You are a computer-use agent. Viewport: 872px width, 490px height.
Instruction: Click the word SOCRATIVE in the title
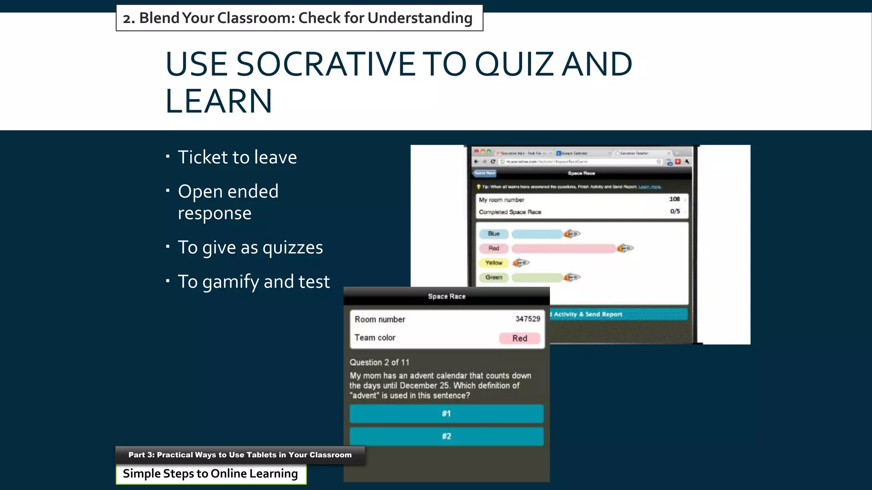tap(325, 65)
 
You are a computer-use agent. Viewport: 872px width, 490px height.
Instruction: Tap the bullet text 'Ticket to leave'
tap(237, 157)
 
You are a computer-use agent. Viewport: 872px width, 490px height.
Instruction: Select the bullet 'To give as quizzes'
tap(250, 248)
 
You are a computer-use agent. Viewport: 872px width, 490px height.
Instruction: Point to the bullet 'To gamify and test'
tap(253, 282)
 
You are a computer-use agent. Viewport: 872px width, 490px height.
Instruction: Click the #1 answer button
tap(446, 413)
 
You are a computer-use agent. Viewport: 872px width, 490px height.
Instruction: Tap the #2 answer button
tap(446, 436)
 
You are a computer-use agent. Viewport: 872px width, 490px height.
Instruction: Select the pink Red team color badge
tap(519, 338)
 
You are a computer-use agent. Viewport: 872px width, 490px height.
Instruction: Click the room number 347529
tap(528, 319)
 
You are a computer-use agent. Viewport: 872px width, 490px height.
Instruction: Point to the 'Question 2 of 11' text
tap(379, 362)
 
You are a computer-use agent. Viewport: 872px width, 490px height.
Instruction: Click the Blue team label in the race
tap(493, 234)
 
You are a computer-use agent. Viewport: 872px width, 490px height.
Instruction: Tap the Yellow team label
tap(493, 263)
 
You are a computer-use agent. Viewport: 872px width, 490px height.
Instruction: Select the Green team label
tap(493, 277)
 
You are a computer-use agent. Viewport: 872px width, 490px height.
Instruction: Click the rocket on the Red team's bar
tap(625, 248)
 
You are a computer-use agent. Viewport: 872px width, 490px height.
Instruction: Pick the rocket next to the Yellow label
tap(521, 263)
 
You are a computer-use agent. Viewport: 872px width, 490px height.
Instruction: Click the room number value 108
tap(674, 199)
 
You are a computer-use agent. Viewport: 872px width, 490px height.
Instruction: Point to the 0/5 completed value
tap(675, 211)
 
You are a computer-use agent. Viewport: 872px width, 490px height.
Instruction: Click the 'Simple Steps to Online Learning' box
tap(211, 474)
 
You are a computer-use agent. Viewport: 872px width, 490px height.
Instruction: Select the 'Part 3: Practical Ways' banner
tap(240, 455)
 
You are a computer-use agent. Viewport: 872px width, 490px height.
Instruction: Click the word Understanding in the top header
tap(420, 18)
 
